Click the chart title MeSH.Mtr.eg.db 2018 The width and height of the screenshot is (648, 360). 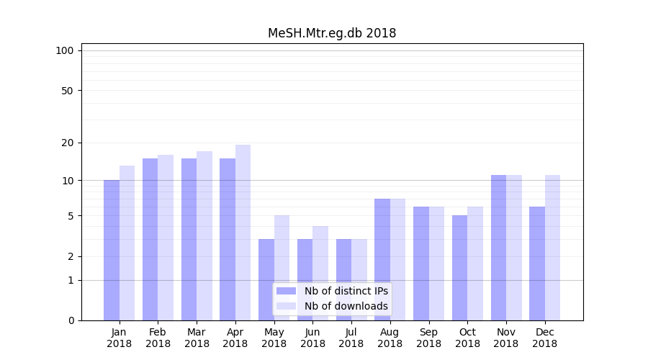click(x=332, y=33)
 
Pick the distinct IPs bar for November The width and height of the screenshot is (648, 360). click(x=498, y=248)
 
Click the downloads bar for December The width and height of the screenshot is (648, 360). click(x=552, y=248)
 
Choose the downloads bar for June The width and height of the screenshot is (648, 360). click(x=320, y=273)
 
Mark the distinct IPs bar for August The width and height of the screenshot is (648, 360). click(x=382, y=259)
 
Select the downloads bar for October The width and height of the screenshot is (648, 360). click(x=475, y=264)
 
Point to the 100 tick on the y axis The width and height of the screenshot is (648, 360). click(x=65, y=50)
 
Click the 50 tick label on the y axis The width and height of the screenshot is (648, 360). click(x=67, y=91)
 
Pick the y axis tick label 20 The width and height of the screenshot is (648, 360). click(x=67, y=143)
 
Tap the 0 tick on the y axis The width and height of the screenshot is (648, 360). click(x=71, y=320)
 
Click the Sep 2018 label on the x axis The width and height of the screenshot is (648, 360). click(x=428, y=338)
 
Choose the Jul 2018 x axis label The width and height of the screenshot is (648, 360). click(x=351, y=338)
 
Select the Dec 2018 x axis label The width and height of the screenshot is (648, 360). click(x=544, y=338)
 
